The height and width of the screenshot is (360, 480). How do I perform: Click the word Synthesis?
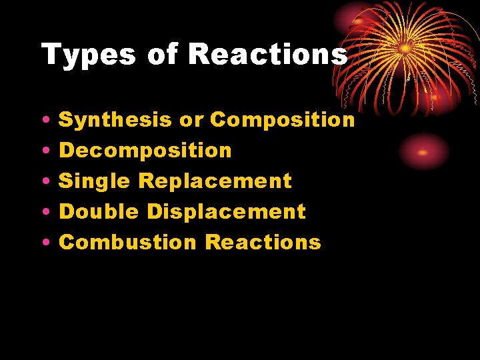click(x=115, y=120)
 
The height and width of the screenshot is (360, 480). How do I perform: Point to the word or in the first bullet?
click(x=191, y=120)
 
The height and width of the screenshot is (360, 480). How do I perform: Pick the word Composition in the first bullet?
click(x=283, y=120)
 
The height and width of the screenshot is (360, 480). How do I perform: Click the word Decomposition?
click(x=145, y=151)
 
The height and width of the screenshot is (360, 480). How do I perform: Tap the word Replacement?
click(x=215, y=181)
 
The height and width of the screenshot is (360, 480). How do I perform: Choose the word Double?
click(x=99, y=212)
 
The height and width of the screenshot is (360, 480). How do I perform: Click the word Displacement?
click(x=227, y=212)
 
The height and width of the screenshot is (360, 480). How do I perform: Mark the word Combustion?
click(x=128, y=243)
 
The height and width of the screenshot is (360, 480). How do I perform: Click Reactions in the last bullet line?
click(x=263, y=243)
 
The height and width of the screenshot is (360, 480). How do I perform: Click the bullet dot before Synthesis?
click(x=43, y=121)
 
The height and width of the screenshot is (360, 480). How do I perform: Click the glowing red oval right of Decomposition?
click(x=423, y=151)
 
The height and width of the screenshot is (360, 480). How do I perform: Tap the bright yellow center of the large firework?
click(x=405, y=48)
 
